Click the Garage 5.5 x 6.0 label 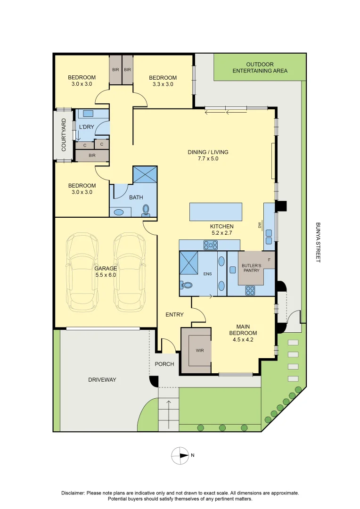(x=105, y=272)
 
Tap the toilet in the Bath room (x=146, y=210)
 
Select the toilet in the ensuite (x=186, y=285)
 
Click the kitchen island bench (x=216, y=212)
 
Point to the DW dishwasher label (x=260, y=225)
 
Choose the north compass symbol (x=180, y=455)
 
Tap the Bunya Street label (x=318, y=243)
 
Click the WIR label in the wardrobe (x=200, y=351)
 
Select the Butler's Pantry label (x=251, y=268)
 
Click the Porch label (x=164, y=364)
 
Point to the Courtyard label (x=64, y=135)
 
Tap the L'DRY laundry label (x=86, y=127)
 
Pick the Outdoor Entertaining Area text (x=260, y=67)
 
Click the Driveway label (x=102, y=379)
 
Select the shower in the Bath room (x=145, y=175)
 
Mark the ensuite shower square (x=188, y=263)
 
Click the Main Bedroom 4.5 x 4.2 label (x=243, y=333)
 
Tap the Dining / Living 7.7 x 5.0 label (x=208, y=155)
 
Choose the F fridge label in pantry (x=269, y=260)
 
